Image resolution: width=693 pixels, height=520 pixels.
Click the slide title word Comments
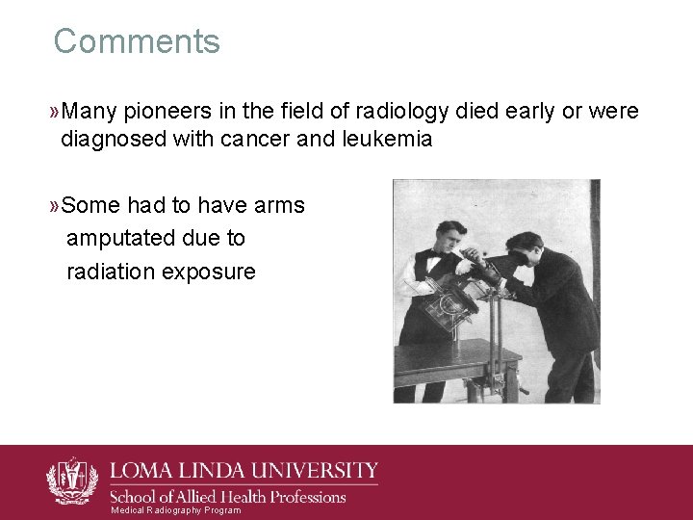137,41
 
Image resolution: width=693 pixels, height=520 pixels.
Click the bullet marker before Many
53,113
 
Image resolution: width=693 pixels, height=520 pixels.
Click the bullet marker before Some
53,206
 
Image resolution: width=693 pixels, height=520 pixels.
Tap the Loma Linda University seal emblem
72,480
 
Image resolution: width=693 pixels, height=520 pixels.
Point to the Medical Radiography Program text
176,510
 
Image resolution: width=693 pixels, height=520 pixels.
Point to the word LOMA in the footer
141,472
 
